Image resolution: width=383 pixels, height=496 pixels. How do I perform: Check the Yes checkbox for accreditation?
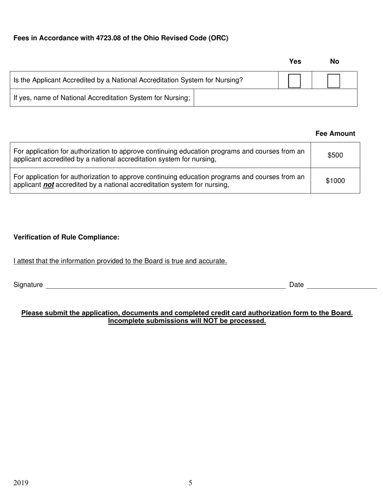point(295,81)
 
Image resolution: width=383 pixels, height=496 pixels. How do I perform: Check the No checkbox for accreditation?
point(333,81)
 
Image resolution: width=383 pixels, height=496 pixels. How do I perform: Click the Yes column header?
point(295,61)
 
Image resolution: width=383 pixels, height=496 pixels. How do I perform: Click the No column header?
point(334,61)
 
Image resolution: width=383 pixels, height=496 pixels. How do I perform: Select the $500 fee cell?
point(335,155)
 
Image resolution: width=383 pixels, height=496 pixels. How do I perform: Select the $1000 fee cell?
point(335,181)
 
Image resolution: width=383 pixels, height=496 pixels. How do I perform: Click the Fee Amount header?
point(335,133)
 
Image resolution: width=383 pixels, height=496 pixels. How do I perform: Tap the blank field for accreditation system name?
point(275,98)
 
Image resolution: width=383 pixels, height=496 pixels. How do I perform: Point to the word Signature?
point(28,285)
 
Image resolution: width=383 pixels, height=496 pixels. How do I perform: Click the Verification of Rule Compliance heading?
point(67,237)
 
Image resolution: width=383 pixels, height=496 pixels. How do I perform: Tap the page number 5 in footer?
point(190,483)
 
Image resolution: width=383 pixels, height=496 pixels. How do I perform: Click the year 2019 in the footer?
point(21,483)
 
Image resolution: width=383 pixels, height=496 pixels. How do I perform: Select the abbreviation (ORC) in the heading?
point(218,38)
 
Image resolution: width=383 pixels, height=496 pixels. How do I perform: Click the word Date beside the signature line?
point(296,285)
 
